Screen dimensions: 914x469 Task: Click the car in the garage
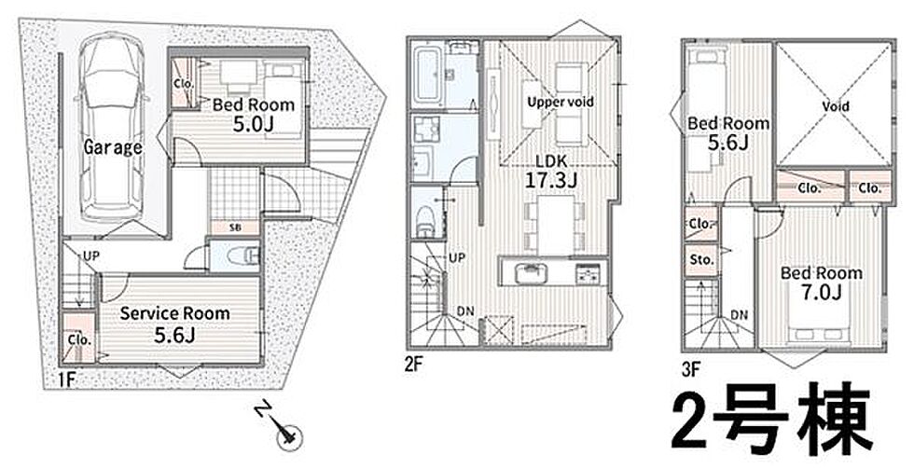[112, 128]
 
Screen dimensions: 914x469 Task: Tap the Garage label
[113, 147]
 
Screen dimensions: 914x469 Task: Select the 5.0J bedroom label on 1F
[253, 114]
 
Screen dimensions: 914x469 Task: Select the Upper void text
[561, 102]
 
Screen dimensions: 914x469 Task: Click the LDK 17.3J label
[551, 172]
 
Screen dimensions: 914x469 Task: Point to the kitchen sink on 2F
[530, 271]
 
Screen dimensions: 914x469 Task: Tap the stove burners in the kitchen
[588, 272]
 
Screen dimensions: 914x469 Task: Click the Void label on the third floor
[836, 106]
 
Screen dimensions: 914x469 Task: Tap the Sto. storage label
[701, 260]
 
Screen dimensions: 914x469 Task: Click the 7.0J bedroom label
[822, 283]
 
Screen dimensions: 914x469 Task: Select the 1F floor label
[66, 379]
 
